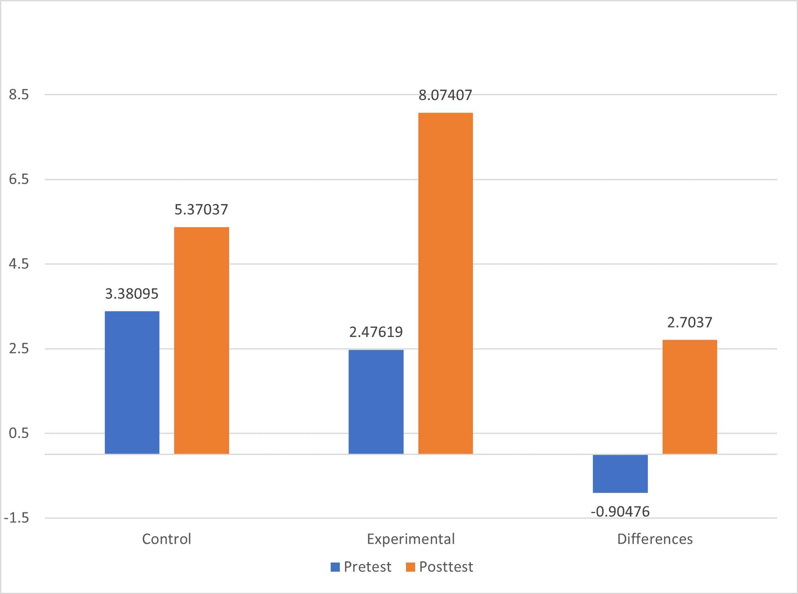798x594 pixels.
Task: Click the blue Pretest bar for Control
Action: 132,382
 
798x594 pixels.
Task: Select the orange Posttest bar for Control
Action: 202,341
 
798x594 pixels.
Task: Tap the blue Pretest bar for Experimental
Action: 376,402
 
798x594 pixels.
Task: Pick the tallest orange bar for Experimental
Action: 445,283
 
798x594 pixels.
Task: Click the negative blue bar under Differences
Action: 620,474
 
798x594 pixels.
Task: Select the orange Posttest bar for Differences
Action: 690,397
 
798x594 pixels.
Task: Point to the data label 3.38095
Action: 132,294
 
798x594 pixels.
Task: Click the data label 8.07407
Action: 445,96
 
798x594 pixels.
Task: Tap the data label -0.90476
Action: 620,512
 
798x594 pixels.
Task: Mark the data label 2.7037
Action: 690,322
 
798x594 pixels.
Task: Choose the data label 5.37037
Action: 202,210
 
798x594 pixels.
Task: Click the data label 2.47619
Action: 376,332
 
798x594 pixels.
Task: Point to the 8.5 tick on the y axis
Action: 19,95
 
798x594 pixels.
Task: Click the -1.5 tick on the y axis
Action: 17,518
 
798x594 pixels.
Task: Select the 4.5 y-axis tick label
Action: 19,264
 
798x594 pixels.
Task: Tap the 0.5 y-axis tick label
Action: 19,433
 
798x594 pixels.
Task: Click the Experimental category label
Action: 411,539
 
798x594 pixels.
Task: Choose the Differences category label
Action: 655,539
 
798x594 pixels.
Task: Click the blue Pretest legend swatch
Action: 335,567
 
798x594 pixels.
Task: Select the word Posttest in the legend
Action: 446,567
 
